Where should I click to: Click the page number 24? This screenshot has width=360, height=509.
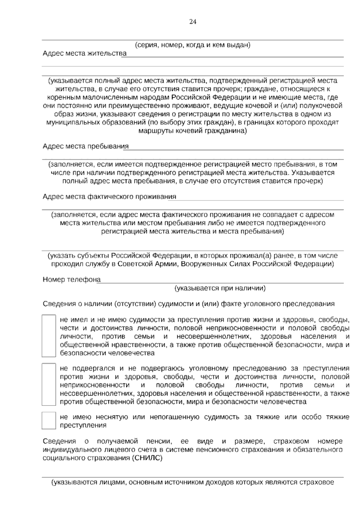(x=193, y=22)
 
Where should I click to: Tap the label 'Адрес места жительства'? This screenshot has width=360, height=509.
(x=85, y=53)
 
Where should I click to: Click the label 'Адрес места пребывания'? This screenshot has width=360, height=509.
(x=85, y=146)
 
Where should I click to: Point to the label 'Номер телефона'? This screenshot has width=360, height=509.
(x=72, y=279)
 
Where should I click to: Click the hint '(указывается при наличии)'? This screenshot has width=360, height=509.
(x=220, y=288)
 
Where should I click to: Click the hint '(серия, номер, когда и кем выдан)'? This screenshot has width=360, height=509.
(x=192, y=45)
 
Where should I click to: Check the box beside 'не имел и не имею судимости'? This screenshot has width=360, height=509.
(x=49, y=336)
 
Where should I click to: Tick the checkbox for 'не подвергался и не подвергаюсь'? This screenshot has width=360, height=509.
(x=49, y=384)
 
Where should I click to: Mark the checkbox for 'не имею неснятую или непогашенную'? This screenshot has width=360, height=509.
(x=49, y=420)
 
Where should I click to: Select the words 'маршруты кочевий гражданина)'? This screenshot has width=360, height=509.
(x=192, y=131)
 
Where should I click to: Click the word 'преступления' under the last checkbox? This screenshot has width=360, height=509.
(x=83, y=425)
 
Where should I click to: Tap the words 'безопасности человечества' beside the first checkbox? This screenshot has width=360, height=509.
(x=107, y=353)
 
